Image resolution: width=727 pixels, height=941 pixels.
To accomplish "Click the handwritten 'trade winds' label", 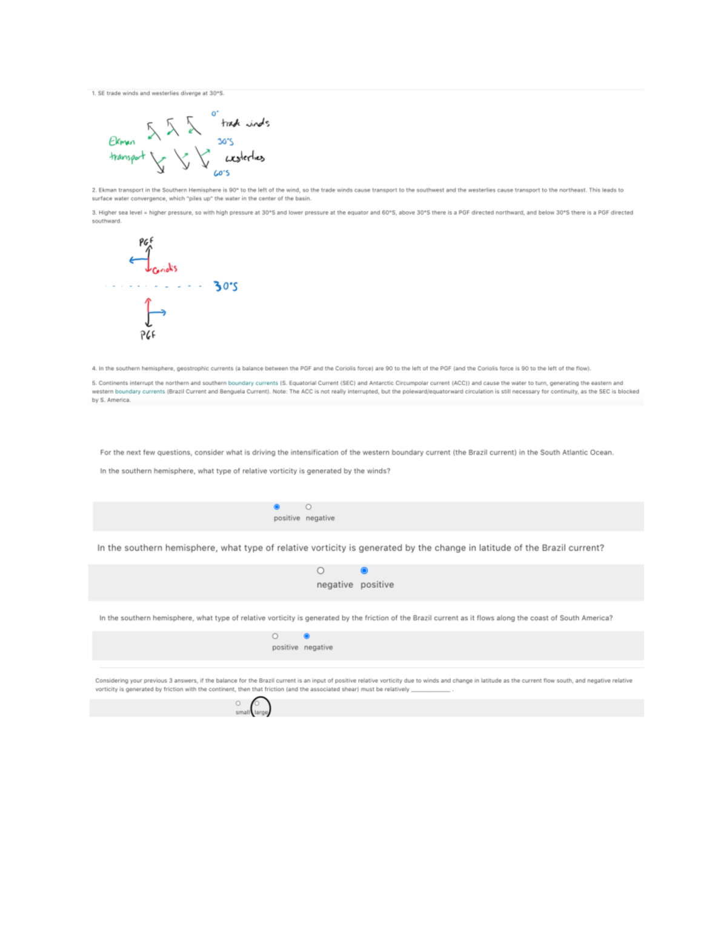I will [245, 123].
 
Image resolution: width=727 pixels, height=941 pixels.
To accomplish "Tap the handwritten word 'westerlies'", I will [245, 158].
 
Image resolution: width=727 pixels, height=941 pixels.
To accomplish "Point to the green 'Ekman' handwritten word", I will [122, 141].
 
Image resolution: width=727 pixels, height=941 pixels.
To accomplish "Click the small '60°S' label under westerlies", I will [221, 173].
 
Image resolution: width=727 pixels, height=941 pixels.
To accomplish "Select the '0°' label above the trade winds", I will [214, 113].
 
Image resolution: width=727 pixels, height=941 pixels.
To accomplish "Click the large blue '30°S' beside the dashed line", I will [225, 286].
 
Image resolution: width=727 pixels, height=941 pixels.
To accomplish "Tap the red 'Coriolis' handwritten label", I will [165, 268].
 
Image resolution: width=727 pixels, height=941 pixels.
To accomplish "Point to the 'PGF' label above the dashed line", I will [147, 242].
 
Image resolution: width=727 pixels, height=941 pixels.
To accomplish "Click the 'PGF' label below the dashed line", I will [148, 334].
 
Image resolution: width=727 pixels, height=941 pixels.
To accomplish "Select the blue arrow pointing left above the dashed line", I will [138, 261].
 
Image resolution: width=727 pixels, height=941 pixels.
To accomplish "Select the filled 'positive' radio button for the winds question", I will [277, 507].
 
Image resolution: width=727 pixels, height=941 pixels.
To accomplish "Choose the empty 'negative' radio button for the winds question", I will [308, 507].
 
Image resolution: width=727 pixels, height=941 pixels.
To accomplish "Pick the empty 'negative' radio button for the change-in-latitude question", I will [320, 570].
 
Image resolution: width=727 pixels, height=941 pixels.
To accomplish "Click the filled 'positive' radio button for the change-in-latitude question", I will [364, 570].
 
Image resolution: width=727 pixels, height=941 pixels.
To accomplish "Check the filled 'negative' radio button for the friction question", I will [307, 636].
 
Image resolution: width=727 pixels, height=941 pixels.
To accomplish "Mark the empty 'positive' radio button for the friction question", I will [275, 636].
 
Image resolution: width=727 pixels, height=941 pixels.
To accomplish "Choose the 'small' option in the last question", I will [238, 703].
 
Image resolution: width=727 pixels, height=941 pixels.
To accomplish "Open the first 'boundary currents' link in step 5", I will [253, 383].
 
